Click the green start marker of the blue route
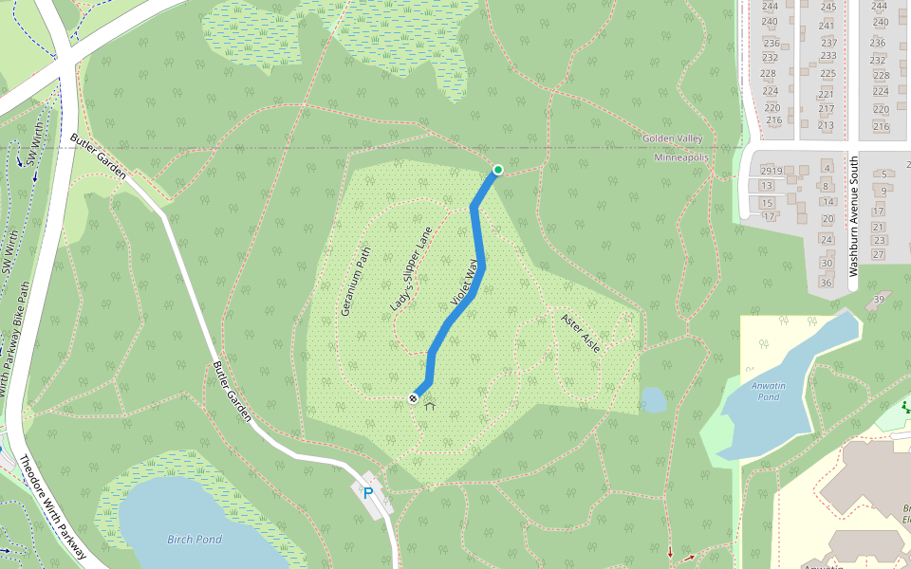[497, 170]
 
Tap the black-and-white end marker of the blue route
[414, 398]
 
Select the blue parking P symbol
[367, 493]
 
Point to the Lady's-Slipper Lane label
[411, 270]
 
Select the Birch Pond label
[195, 540]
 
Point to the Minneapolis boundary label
[681, 157]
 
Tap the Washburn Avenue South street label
[853, 216]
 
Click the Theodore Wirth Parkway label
[54, 503]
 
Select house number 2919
[770, 171]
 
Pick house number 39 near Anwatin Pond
[879, 300]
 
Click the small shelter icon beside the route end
[430, 406]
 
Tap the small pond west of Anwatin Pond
[653, 399]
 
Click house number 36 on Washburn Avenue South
[826, 283]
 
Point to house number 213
[826, 125]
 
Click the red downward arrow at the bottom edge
[670, 553]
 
